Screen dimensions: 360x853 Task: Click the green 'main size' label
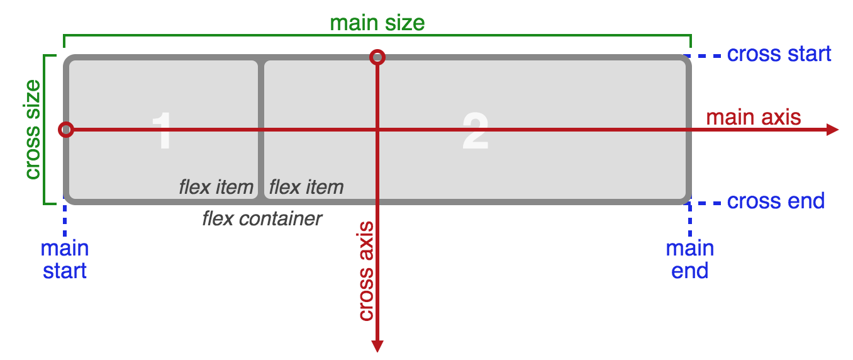(x=377, y=23)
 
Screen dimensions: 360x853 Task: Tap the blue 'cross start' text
(x=779, y=54)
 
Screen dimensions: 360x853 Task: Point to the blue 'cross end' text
(x=775, y=201)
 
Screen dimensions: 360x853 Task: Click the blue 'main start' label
(x=65, y=259)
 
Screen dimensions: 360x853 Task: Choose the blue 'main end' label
(x=690, y=259)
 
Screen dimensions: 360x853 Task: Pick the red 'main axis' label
(x=754, y=117)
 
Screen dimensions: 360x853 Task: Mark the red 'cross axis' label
(x=365, y=271)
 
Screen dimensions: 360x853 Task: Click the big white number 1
(x=163, y=131)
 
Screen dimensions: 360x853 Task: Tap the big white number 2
(x=475, y=131)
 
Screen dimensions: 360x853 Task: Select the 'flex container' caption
(x=262, y=218)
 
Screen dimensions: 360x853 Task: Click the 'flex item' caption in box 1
(x=216, y=187)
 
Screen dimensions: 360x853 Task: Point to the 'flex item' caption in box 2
(x=306, y=187)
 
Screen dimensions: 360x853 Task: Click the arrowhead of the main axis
(x=832, y=130)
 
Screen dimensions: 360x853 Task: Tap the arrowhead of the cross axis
(x=377, y=346)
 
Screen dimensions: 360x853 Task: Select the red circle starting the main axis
(x=66, y=130)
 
